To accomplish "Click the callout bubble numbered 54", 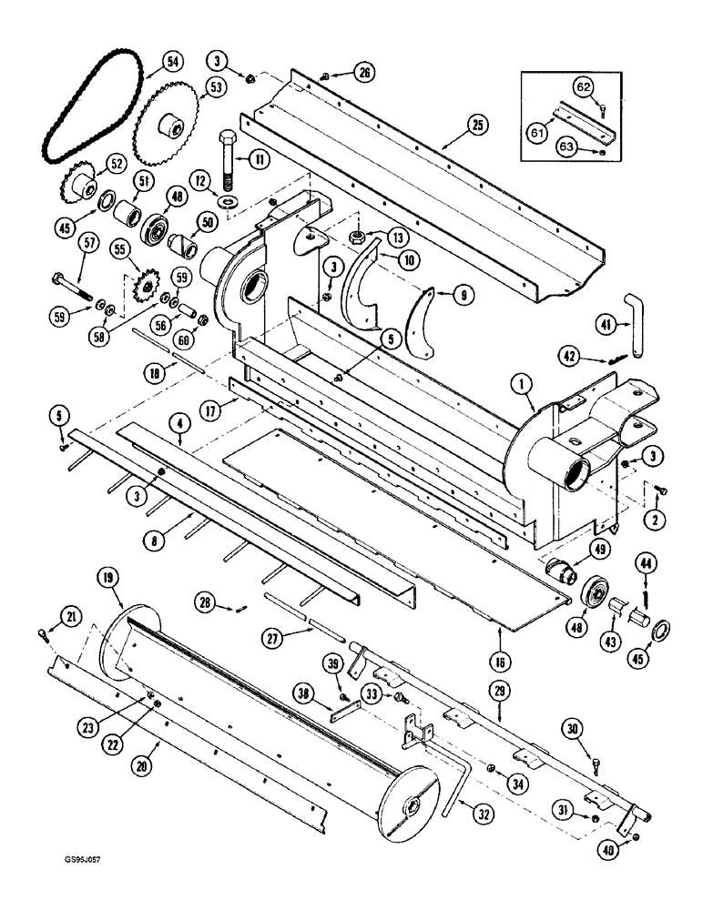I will pos(171,62).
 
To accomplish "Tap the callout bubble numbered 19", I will pos(110,576).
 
